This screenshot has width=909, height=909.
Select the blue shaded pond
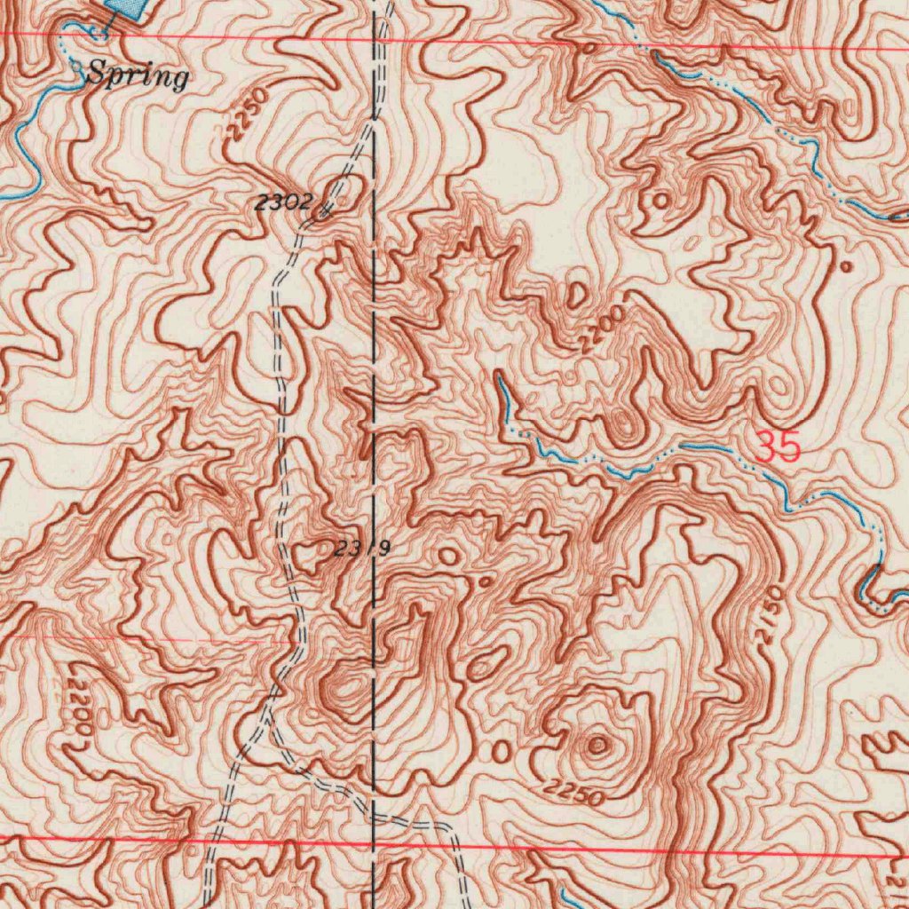coord(124,7)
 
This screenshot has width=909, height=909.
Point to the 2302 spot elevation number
coord(282,203)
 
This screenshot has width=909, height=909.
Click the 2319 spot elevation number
coord(361,549)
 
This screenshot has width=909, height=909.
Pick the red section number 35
coord(779,447)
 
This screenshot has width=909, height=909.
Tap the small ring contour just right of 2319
coord(448,557)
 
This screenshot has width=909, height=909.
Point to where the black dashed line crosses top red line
coord(374,37)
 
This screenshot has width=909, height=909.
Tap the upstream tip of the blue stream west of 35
coord(499,376)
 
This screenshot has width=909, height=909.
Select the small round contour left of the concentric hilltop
coord(502,753)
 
